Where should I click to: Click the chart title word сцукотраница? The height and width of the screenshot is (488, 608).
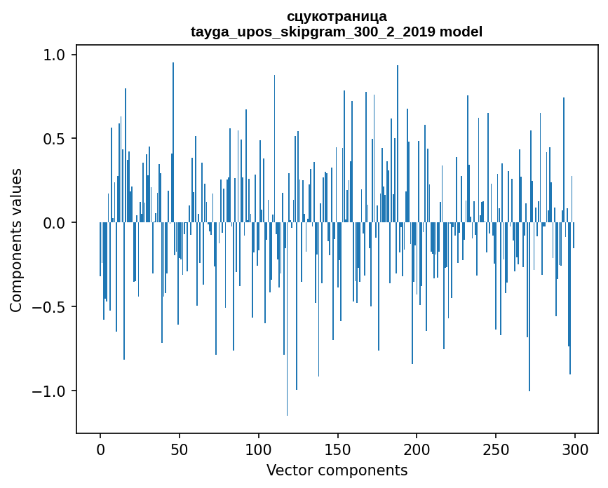(337, 16)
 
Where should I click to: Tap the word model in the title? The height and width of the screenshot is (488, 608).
(461, 32)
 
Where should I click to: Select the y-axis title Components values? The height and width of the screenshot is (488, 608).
(16, 240)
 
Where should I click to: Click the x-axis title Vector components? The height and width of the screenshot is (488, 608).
(337, 470)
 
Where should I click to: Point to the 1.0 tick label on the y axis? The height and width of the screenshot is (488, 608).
(55, 55)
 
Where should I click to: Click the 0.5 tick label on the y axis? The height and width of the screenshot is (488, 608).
(55, 139)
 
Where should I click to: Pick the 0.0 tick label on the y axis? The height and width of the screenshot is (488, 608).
(55, 223)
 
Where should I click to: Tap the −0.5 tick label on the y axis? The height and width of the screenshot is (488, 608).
(50, 307)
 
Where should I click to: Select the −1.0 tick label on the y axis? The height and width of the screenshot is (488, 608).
(50, 391)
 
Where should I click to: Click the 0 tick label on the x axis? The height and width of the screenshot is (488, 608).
(100, 449)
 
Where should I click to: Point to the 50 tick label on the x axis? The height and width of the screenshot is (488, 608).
(180, 449)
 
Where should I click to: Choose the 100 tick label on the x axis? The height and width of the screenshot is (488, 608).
(259, 449)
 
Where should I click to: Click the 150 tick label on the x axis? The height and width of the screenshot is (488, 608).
(338, 449)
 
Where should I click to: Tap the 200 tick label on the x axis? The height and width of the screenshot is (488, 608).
(417, 449)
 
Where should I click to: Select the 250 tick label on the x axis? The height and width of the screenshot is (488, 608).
(496, 449)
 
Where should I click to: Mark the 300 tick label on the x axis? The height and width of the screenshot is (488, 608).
(575, 449)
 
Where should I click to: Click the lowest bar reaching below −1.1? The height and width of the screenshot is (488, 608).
(287, 351)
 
